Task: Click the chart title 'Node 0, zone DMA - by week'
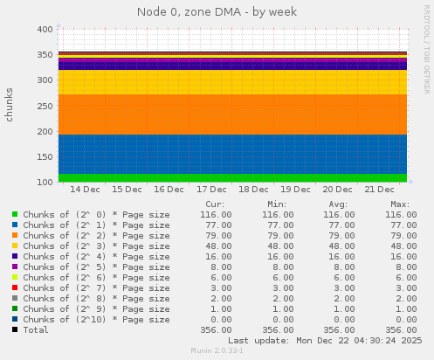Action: [x=217, y=12]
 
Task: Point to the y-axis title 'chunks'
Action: [x=10, y=104]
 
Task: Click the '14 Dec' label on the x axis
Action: [x=85, y=189]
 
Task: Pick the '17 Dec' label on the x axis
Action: [x=211, y=189]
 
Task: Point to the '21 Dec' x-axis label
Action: [x=380, y=189]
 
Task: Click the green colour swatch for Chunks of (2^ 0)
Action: [x=15, y=214]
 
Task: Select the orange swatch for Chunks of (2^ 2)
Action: [x=15, y=235]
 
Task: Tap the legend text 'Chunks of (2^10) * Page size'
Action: [x=96, y=319]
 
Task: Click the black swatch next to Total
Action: [x=15, y=329]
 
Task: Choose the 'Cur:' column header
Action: [x=215, y=204]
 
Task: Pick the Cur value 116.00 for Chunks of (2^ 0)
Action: [x=210, y=214]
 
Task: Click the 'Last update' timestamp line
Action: [x=325, y=340]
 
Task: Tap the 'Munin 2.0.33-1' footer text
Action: [x=217, y=350]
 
